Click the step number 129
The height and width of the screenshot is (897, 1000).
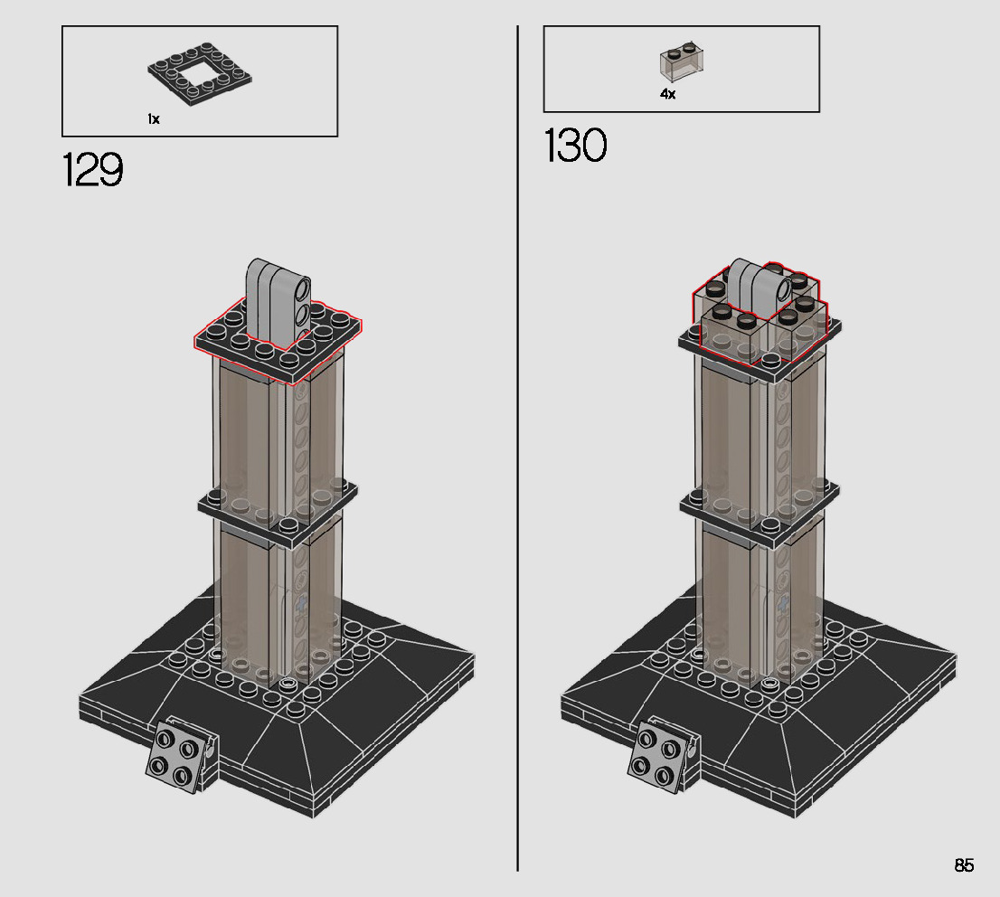click(x=92, y=170)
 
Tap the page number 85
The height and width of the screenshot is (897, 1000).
click(x=964, y=865)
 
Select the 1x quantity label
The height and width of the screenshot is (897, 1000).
click(x=153, y=119)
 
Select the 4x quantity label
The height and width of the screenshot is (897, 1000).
click(x=667, y=94)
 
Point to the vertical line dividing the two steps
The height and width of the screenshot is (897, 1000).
click(x=517, y=448)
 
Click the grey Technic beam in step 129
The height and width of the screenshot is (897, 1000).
click(x=278, y=301)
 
